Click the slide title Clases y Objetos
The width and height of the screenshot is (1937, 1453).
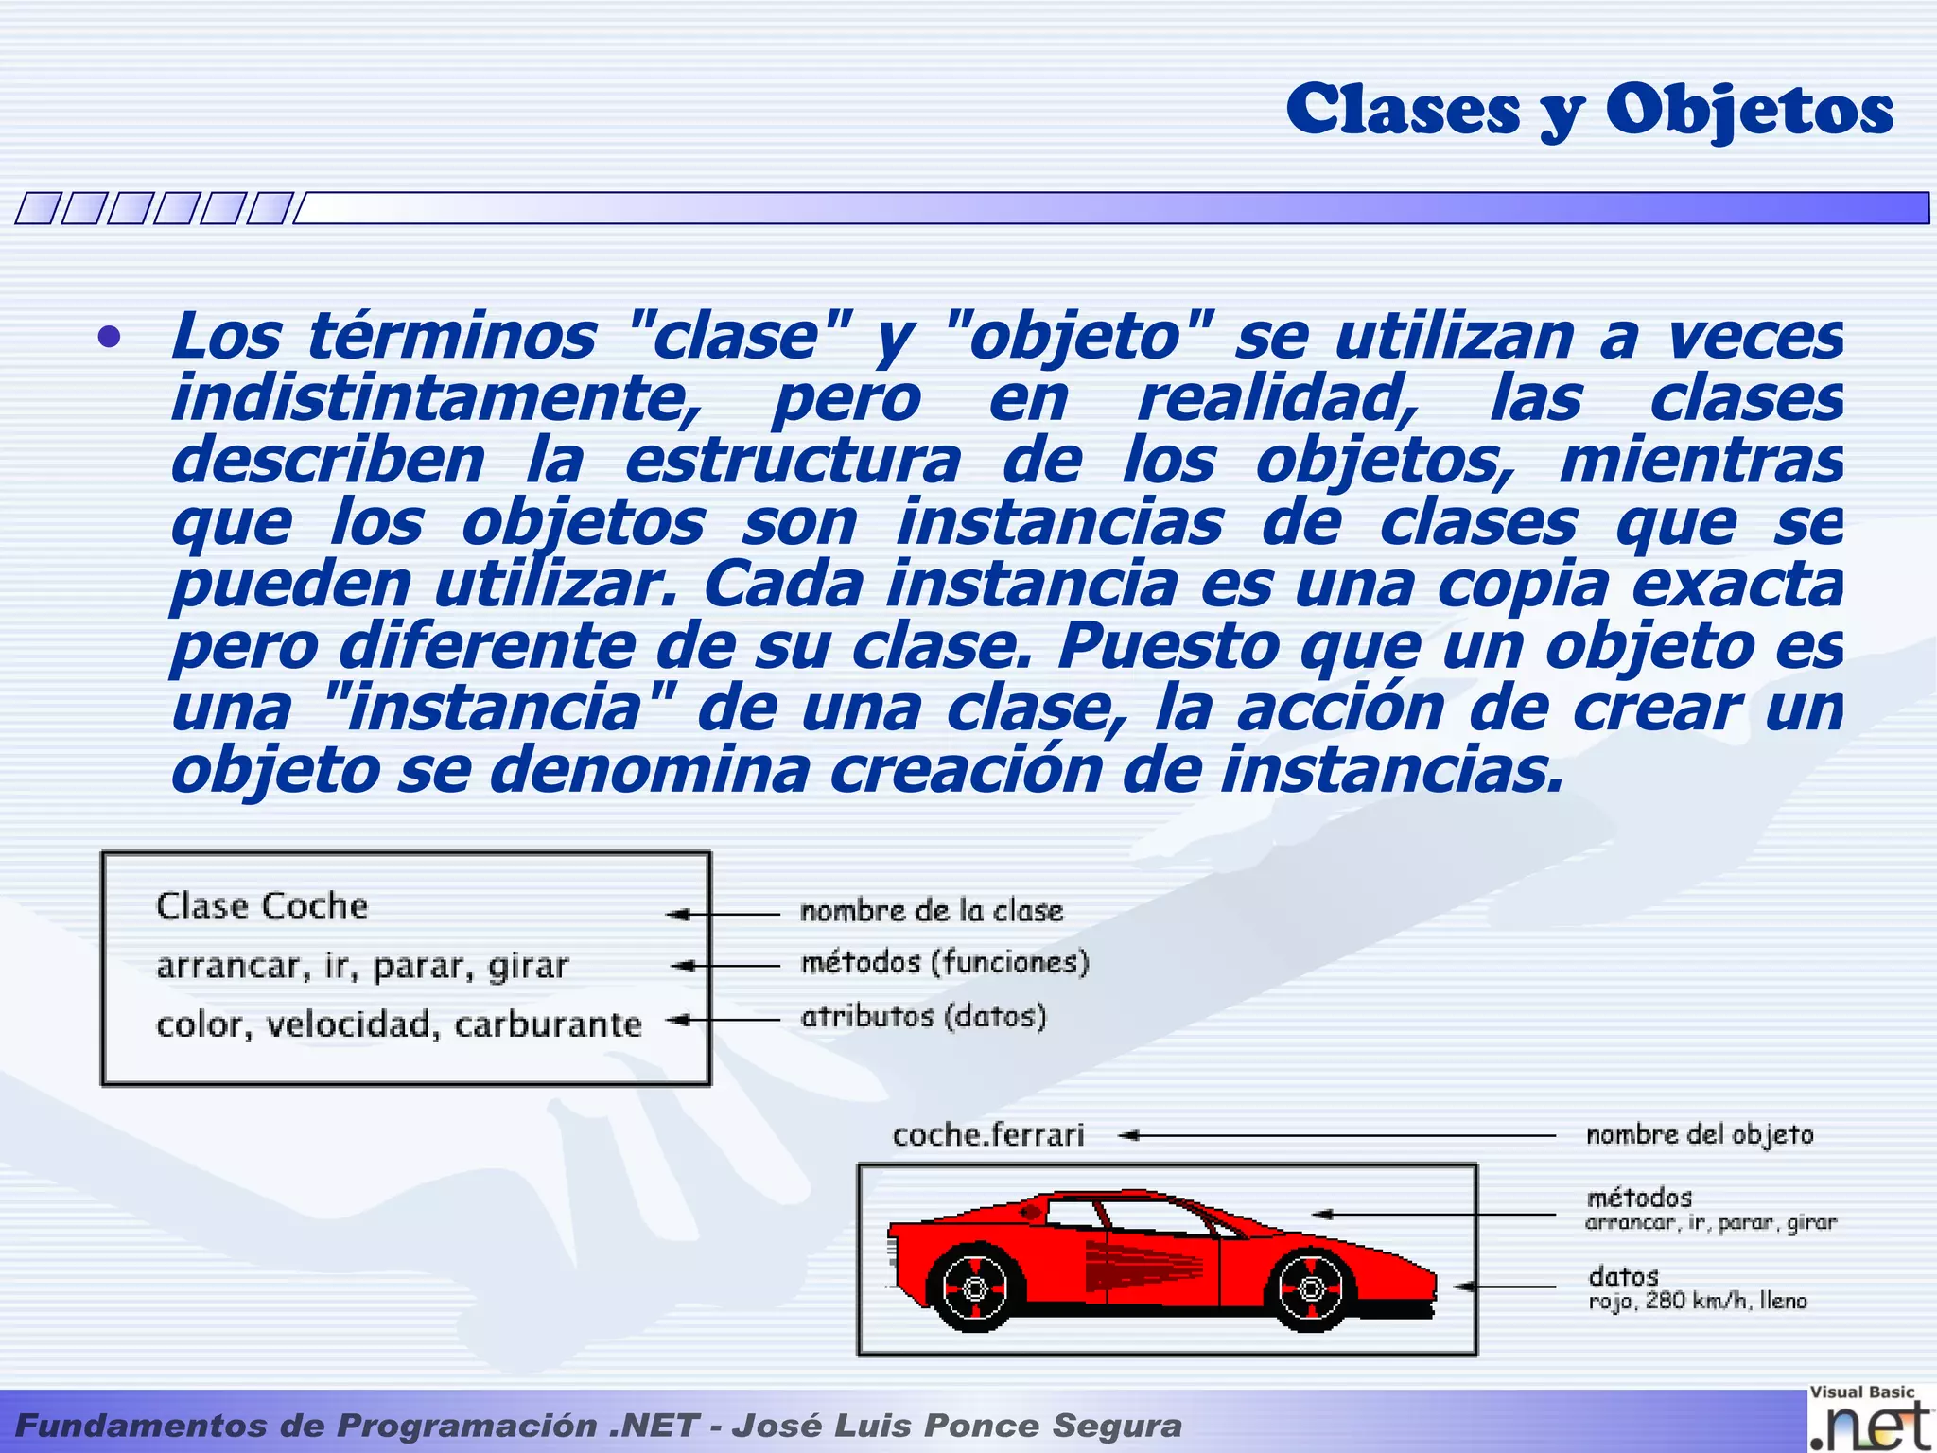[1589, 110]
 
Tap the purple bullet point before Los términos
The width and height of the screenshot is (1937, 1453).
[110, 338]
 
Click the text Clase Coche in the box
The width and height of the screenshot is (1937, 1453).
[262, 906]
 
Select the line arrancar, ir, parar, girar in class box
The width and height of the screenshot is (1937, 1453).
[362, 966]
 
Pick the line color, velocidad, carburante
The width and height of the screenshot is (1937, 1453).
[398, 1024]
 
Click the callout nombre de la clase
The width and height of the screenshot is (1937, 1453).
[932, 911]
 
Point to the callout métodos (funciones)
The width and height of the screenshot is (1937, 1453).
[945, 963]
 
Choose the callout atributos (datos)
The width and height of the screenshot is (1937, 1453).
[923, 1017]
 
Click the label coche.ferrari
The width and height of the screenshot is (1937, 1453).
[988, 1135]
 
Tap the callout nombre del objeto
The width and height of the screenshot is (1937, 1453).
[1700, 1135]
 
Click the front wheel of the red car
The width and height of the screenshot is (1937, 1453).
[1311, 1288]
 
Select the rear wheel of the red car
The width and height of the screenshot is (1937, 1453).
[974, 1288]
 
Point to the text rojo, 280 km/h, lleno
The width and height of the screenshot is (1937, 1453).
[1698, 1302]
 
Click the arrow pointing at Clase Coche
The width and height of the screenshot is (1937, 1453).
[724, 915]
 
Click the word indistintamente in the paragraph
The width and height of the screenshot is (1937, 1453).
[435, 399]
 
